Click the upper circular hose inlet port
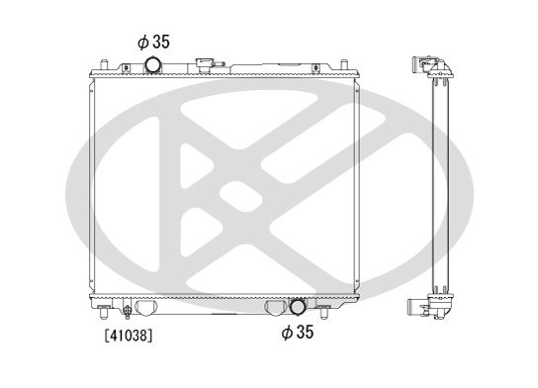pyautogui.click(x=152, y=65)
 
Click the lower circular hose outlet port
pyautogui.click(x=298, y=307)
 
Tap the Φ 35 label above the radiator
pyautogui.click(x=153, y=42)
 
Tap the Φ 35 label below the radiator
pyautogui.click(x=298, y=332)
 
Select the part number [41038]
pyautogui.click(x=129, y=336)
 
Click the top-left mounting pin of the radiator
pyautogui.click(x=104, y=64)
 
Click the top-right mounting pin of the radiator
pyautogui.click(x=344, y=64)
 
